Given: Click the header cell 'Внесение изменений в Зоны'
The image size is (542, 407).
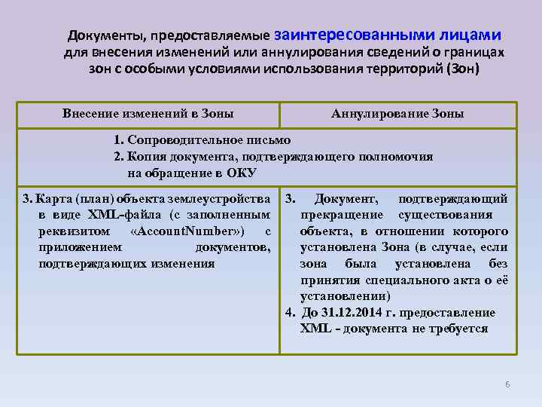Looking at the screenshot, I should click(148, 114).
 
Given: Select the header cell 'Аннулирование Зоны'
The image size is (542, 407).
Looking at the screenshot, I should click(397, 114).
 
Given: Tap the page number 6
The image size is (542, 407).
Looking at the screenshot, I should click(507, 384).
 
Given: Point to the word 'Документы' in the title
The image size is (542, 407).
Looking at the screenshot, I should click(105, 36).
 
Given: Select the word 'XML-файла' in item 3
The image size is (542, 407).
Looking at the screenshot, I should click(119, 215).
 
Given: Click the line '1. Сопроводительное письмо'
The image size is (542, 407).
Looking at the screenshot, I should click(202, 140).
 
